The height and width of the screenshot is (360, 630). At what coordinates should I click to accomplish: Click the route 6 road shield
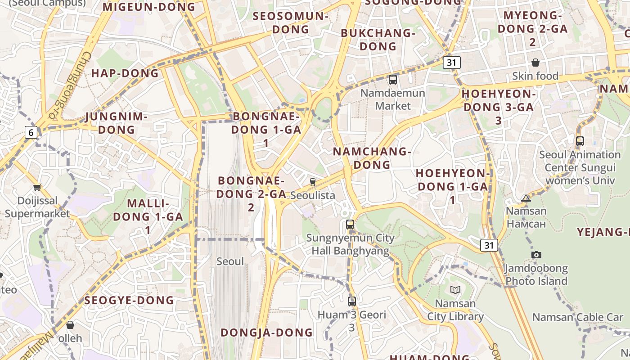31,132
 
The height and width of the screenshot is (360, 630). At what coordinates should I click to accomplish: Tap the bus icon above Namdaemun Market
393,80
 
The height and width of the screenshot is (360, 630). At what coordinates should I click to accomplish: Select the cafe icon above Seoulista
313,182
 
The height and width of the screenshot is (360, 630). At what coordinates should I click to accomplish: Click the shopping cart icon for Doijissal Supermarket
37,187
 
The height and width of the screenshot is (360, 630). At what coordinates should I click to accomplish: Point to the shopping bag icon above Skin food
535,62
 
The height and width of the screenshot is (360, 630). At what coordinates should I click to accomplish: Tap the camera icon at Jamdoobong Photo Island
536,255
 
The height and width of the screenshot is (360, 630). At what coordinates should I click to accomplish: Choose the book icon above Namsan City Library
455,290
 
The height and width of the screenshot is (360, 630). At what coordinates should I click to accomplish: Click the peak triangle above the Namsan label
526,198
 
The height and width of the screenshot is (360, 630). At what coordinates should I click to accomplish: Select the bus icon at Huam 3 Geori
352,301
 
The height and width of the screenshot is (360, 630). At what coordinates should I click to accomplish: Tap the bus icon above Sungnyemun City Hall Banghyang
350,224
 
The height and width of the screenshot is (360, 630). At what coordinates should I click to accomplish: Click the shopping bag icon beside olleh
70,324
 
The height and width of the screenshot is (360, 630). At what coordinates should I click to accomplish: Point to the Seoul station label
230,261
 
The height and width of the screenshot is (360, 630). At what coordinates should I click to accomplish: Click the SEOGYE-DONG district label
129,300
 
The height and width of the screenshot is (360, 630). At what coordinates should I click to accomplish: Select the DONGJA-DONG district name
266,333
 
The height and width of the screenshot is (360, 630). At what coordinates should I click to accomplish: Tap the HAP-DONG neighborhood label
125,73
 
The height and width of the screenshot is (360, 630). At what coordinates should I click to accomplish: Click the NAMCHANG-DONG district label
372,158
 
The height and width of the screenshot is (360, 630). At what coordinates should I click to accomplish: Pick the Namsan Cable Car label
578,317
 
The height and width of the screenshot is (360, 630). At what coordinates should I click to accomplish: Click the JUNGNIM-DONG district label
117,123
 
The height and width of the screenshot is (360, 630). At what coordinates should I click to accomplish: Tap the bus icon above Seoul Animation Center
580,141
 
